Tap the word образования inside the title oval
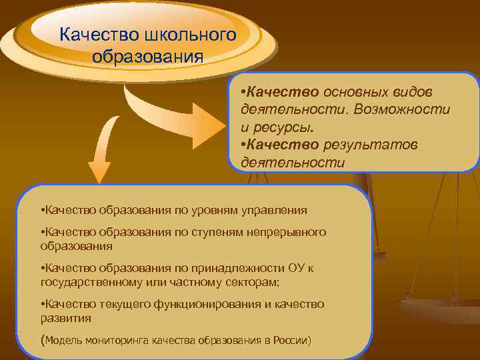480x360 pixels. (148, 55)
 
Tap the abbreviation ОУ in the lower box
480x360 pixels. (295, 268)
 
